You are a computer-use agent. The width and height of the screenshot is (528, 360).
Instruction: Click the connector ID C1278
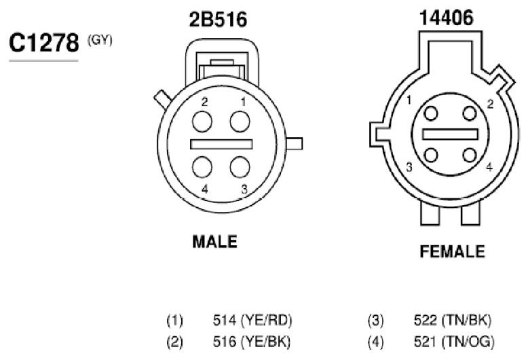point(44,43)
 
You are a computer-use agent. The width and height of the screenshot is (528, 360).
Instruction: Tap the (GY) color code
point(100,41)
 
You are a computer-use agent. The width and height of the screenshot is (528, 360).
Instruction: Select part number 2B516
point(218,19)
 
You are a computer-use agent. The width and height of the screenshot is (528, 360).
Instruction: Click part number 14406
point(446,18)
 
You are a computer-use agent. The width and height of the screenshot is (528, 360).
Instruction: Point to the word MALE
point(214,241)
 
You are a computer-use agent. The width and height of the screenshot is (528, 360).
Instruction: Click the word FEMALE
point(452,251)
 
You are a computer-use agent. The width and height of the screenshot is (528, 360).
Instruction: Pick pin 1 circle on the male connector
point(240,122)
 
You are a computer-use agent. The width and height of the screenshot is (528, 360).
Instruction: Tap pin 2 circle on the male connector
point(202,122)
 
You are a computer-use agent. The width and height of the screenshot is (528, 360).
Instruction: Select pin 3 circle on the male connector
point(240,167)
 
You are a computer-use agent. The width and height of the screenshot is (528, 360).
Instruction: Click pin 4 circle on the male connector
point(202,167)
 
